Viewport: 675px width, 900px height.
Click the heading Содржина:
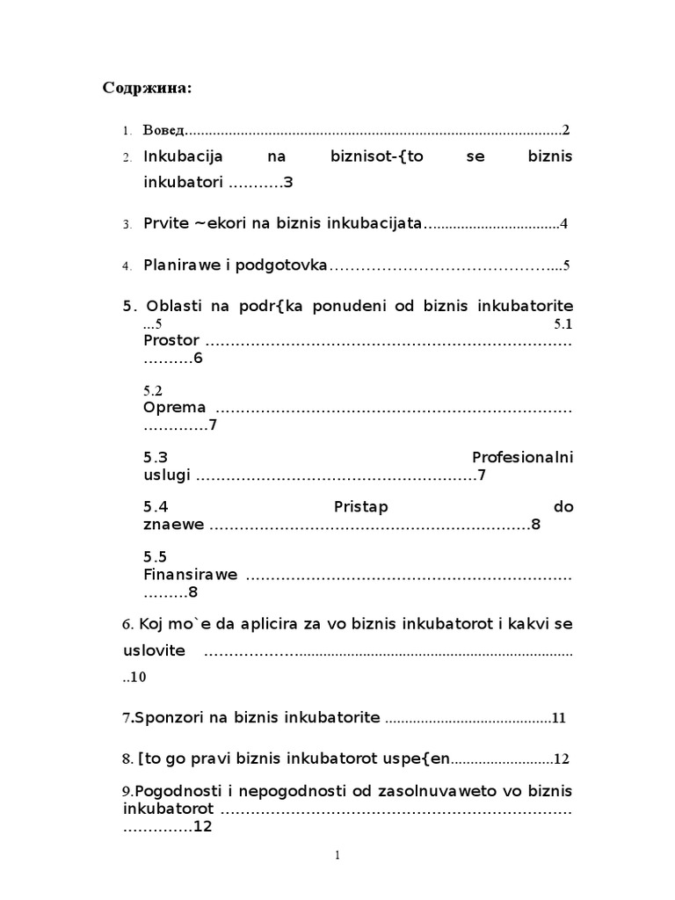coord(147,88)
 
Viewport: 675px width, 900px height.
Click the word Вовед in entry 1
coord(164,130)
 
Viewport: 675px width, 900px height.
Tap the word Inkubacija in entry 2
coord(183,156)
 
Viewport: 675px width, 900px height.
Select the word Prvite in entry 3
coord(165,223)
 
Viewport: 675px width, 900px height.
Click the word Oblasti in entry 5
coord(175,306)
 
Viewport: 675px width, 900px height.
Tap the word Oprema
coord(174,408)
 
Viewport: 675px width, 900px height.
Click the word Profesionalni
coord(522,458)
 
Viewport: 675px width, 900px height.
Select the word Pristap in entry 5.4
coord(361,507)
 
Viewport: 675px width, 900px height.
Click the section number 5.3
coord(155,458)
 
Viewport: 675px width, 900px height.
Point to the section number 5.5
coord(155,557)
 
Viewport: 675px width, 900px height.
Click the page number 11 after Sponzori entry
coord(559,718)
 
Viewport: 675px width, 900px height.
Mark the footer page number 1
coord(337,857)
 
